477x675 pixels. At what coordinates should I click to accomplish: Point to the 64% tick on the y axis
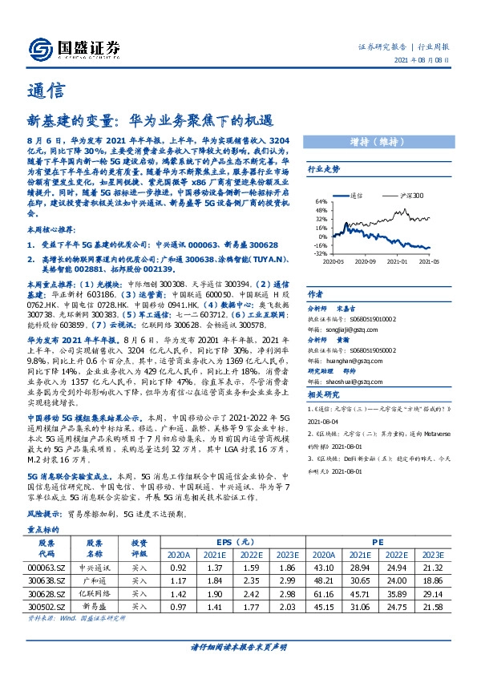click(321, 202)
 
